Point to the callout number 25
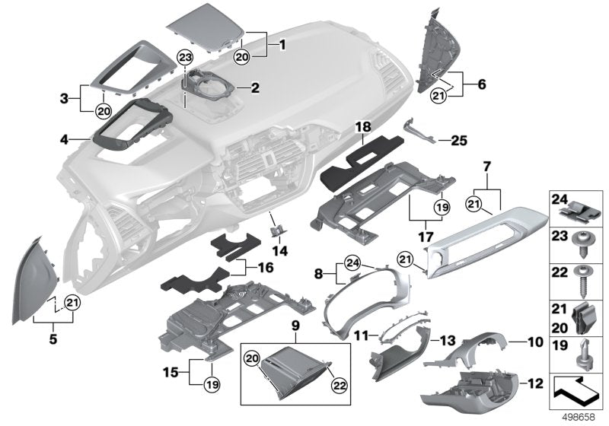(x=459, y=140)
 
